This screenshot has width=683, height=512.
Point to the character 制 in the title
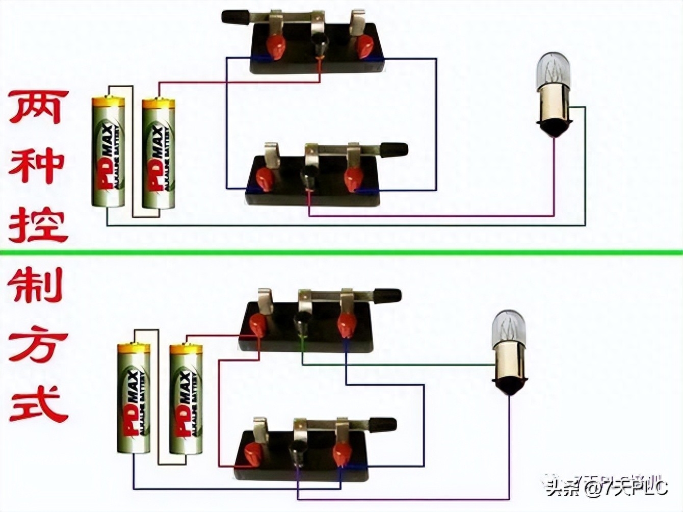pyautogui.click(x=37, y=287)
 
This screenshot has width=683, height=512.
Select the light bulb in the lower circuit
pyautogui.click(x=510, y=352)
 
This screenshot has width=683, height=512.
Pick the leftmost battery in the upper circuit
pyautogui.click(x=108, y=152)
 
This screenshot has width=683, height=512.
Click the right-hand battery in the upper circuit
pyautogui.click(x=158, y=153)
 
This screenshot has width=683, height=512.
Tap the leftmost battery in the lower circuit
pyautogui.click(x=134, y=399)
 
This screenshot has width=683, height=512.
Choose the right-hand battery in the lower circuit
pyautogui.click(x=186, y=399)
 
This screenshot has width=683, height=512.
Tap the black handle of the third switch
pyautogui.click(x=387, y=295)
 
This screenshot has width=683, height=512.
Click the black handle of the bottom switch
pyautogui.click(x=382, y=424)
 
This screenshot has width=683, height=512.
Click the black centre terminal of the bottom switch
pyautogui.click(x=297, y=453)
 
